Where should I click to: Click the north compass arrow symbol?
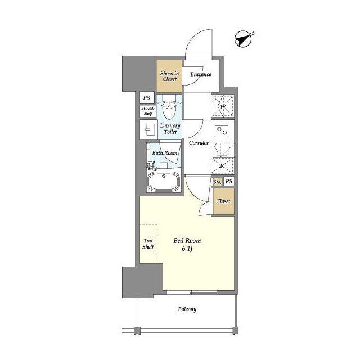pyautogui.click(x=243, y=39)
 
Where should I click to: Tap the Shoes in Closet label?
pyautogui.click(x=169, y=76)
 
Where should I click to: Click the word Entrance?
pyautogui.click(x=201, y=74)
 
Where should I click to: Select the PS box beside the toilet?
pyautogui.click(x=147, y=97)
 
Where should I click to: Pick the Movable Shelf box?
pyautogui.click(x=148, y=111)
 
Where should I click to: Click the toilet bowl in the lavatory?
pyautogui.click(x=169, y=107)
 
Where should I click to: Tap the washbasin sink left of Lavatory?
pyautogui.click(x=149, y=129)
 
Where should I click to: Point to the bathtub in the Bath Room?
pyautogui.click(x=164, y=181)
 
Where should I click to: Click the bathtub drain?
pyautogui.click(x=164, y=176)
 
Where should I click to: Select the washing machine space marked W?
pyautogui.click(x=223, y=106)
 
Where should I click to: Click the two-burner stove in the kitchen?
pyautogui.click(x=222, y=131)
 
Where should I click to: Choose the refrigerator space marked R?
pyautogui.click(x=222, y=165)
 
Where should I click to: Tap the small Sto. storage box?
pyautogui.click(x=217, y=182)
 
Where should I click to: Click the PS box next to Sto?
pyautogui.click(x=229, y=182)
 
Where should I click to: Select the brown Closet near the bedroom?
pyautogui.click(x=223, y=201)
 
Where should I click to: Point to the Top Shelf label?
pyautogui.click(x=148, y=244)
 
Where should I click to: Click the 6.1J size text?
pyautogui.click(x=187, y=249)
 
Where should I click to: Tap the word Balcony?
pyautogui.click(x=187, y=309)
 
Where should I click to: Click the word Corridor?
pyautogui.click(x=199, y=142)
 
